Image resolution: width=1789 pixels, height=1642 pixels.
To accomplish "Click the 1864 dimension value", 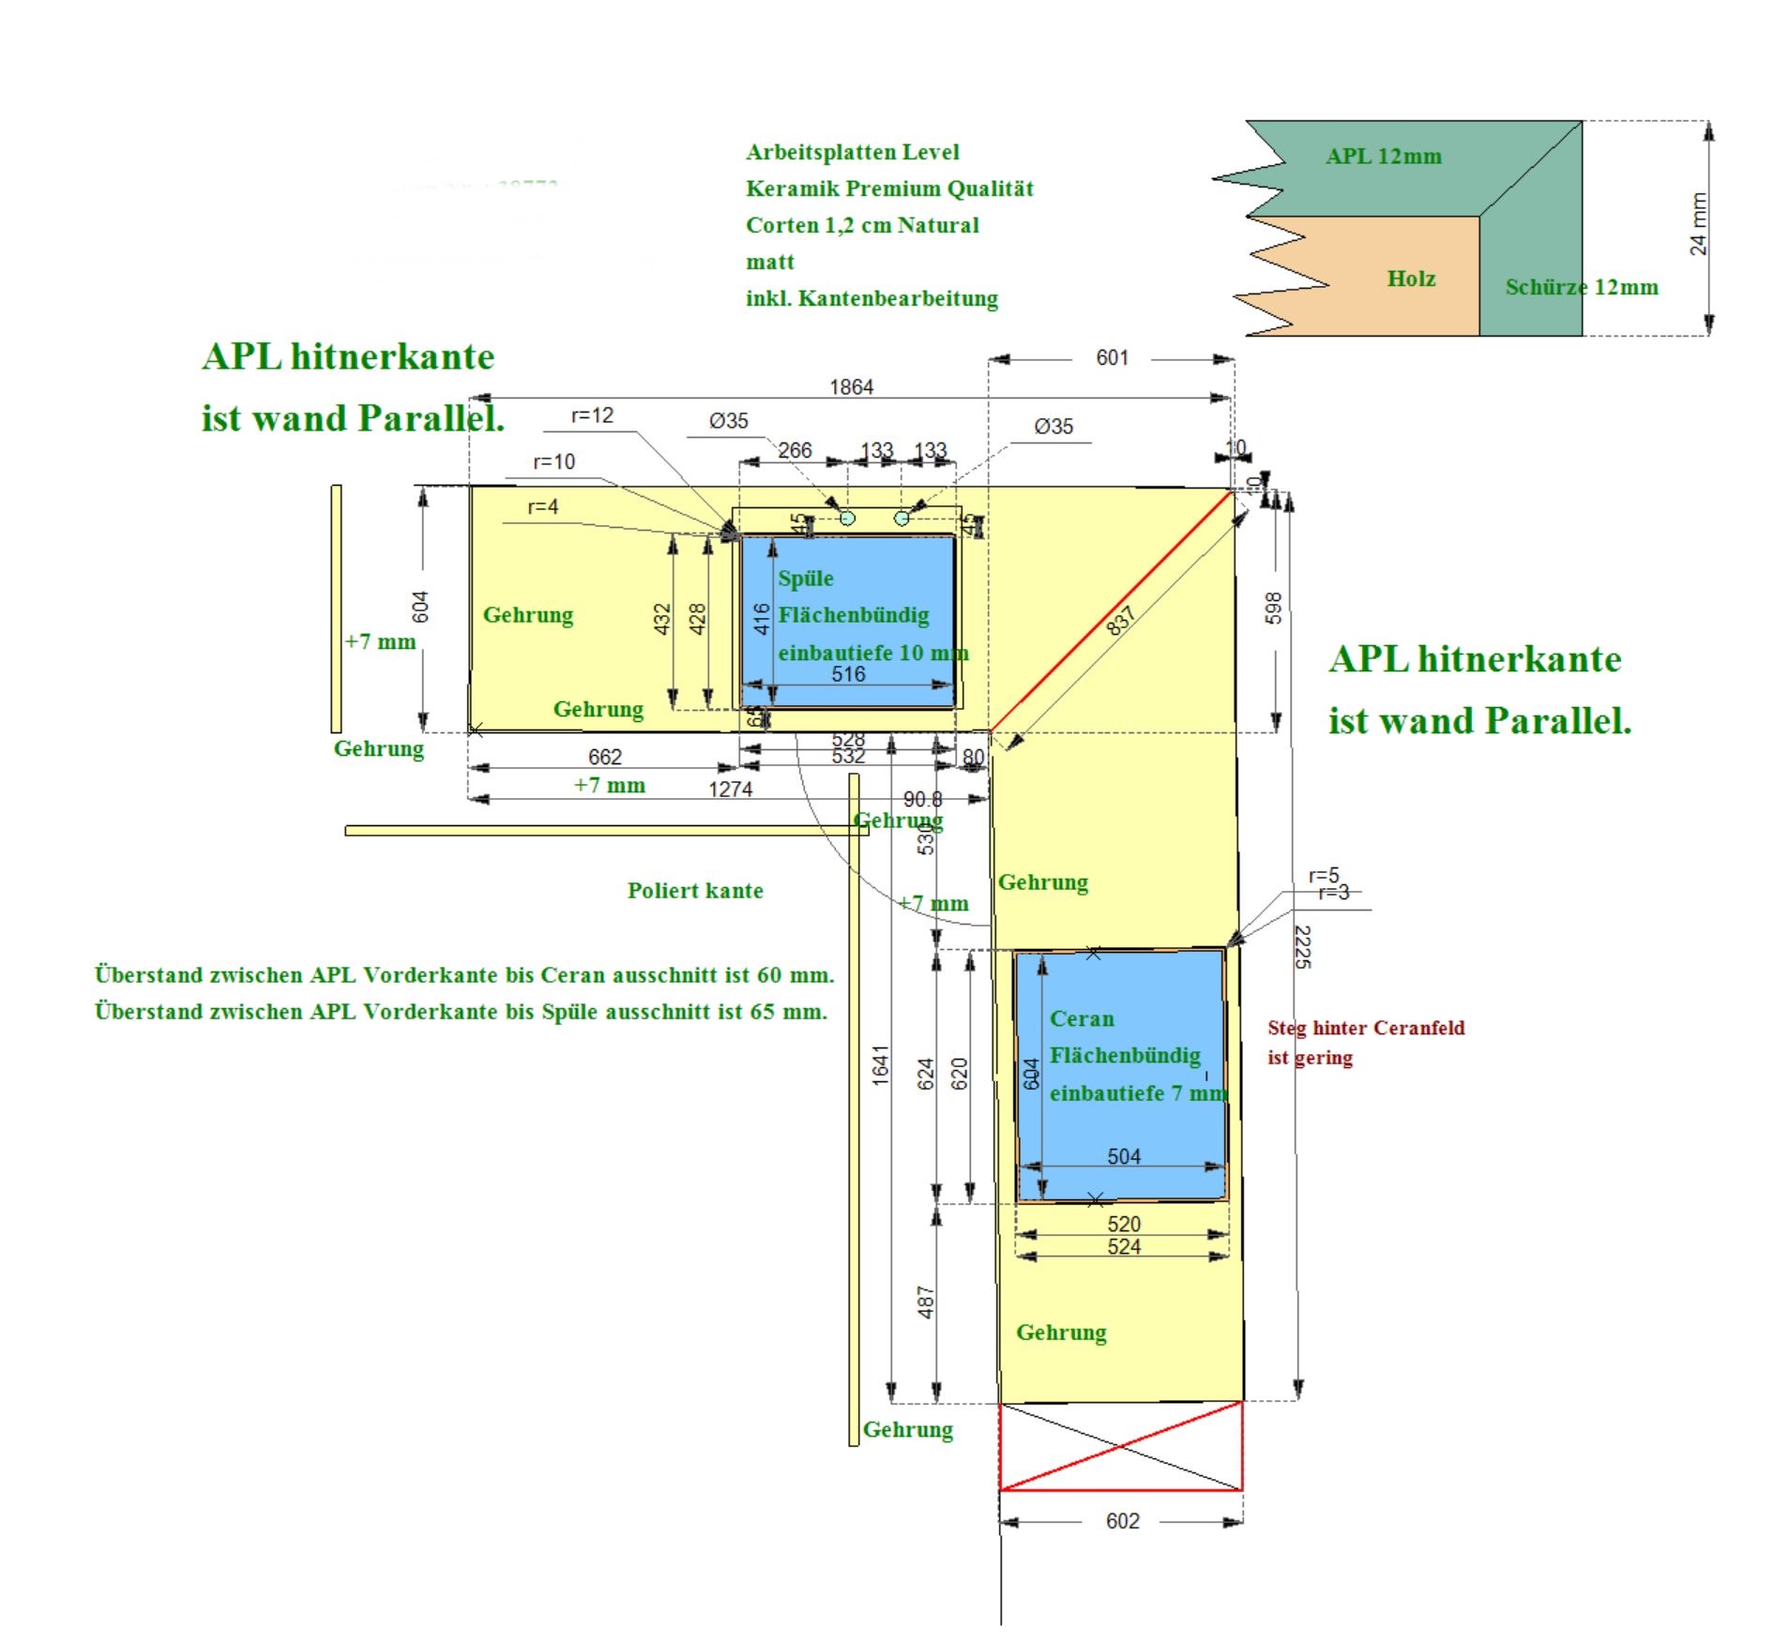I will (850, 386).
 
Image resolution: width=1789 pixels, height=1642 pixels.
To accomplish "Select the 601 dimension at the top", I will (1112, 357).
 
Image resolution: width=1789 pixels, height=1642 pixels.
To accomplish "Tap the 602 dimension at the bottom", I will (1122, 1520).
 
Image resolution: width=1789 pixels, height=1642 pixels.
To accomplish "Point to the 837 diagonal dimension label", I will (1120, 620).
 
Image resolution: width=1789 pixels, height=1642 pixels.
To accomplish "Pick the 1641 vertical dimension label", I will (880, 1065).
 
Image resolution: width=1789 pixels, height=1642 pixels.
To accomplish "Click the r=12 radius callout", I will (592, 415).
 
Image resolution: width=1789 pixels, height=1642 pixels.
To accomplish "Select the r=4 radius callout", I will (542, 507).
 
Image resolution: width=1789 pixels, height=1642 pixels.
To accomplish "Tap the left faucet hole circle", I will (847, 518).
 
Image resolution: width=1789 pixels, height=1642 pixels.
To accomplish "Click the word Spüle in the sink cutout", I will (805, 578).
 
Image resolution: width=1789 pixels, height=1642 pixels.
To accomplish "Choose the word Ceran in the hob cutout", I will (1081, 1018).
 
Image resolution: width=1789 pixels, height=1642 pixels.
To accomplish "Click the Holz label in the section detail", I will (1410, 279).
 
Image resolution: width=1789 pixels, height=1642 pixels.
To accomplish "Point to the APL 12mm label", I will (1383, 157).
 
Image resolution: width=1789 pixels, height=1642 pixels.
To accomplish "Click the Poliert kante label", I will (694, 890).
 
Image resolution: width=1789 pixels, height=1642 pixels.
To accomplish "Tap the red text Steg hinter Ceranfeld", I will (1365, 1028).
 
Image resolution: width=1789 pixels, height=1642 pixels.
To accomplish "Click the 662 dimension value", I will (604, 756).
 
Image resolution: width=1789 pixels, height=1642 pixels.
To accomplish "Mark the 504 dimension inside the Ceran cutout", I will (1123, 1156).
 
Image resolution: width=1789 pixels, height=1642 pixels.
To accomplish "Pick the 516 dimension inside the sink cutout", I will (848, 673).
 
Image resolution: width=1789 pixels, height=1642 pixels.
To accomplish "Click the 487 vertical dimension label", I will (925, 1302).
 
